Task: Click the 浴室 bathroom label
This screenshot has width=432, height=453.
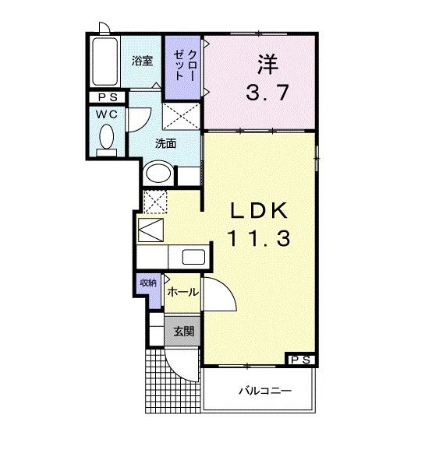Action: point(141,61)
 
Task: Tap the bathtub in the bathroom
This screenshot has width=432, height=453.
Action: point(102,62)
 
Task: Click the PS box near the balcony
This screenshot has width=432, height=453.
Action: point(301,360)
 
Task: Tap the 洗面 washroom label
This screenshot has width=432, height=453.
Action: point(165,143)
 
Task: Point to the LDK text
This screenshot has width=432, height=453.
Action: point(259,212)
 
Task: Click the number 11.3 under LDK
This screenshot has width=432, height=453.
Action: point(259,239)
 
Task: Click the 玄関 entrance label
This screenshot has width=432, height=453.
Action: point(184,331)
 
